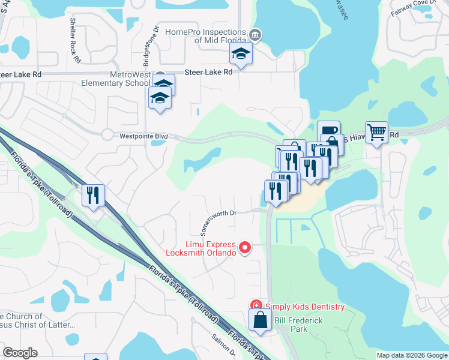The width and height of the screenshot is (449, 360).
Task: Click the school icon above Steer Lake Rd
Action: pos(241,55)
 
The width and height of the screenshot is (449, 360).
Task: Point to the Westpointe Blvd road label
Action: pos(144,136)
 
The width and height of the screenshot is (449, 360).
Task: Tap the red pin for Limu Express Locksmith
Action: pos(245,247)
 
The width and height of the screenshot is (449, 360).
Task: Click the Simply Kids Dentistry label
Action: pos(306,307)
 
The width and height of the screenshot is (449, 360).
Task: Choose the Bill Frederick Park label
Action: pos(299,325)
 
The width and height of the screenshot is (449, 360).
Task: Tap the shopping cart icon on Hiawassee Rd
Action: pos(376,132)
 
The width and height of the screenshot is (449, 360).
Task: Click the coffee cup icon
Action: pos(328,130)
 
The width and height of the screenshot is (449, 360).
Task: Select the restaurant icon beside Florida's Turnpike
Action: pos(94,195)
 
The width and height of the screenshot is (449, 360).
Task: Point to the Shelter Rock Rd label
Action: pos(75,40)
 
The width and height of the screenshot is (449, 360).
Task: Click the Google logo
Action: pos(20,353)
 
